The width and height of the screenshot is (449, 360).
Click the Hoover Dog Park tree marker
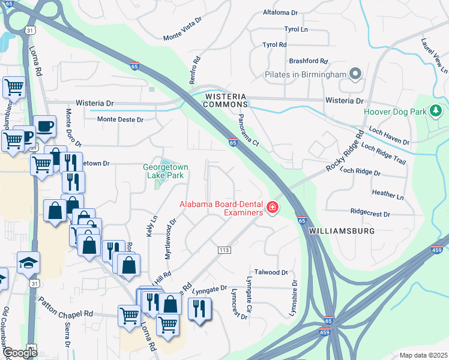coord(436,110)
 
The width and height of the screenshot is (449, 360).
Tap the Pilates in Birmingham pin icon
coord(355,74)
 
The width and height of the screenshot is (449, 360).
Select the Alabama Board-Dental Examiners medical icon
coord(273,208)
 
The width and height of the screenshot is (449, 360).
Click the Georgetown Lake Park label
coord(163,171)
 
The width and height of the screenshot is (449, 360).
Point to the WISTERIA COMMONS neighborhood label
coord(226,100)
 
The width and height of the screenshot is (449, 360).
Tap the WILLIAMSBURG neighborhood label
coord(342,230)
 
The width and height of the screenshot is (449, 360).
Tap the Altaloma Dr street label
coord(280,12)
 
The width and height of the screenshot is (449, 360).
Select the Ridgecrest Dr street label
coord(370,214)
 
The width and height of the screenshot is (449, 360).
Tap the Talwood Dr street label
coord(272,272)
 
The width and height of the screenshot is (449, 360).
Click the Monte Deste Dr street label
coord(121,119)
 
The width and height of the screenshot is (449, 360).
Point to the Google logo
coord(19,353)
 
